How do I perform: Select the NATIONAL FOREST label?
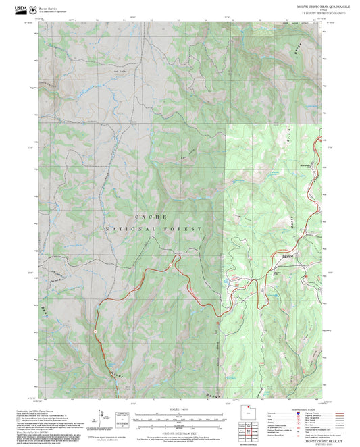[x=153, y=230]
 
